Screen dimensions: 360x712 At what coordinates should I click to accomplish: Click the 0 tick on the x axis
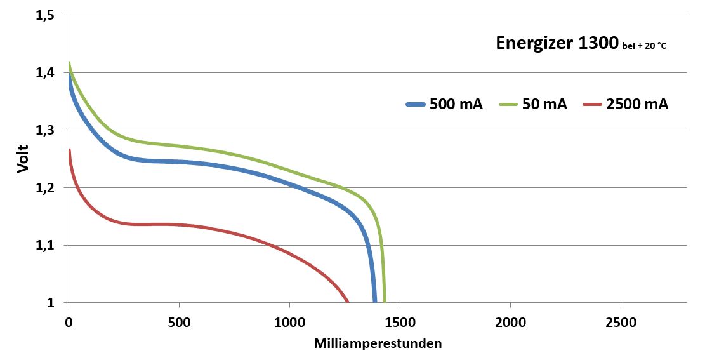(69, 323)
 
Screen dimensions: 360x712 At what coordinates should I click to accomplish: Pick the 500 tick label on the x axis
(180, 323)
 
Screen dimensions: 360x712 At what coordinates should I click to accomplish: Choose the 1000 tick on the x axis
(289, 323)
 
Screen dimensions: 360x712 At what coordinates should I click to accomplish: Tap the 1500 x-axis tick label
(400, 323)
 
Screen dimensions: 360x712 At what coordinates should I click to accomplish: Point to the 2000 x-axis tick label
(510, 323)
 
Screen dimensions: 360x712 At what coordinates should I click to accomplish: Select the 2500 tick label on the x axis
(621, 323)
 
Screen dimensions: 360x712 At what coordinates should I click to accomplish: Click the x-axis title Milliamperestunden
(378, 343)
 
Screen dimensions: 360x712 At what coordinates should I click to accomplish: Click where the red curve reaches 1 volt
(348, 302)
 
